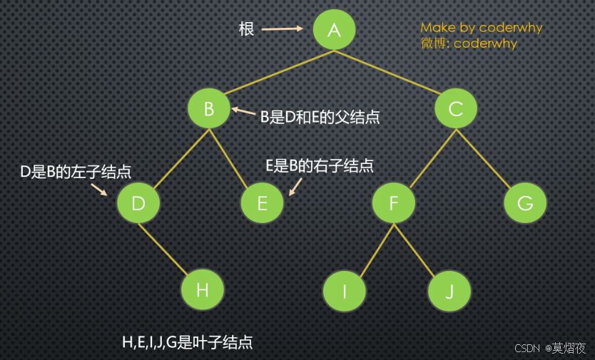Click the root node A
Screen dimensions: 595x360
tap(334, 29)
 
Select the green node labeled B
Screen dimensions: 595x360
tap(209, 109)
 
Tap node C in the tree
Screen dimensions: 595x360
tap(456, 109)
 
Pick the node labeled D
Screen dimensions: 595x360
tap(138, 203)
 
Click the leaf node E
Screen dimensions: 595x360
tap(262, 203)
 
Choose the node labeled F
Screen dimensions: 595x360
tap(393, 203)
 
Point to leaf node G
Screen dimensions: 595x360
tap(525, 203)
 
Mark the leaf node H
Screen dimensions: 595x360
tap(203, 290)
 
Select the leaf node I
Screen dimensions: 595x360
tap(344, 292)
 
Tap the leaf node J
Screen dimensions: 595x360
tap(449, 292)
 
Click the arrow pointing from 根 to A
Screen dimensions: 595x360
tap(282, 29)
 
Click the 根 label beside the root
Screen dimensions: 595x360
tap(246, 29)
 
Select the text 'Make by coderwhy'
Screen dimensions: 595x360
tap(481, 28)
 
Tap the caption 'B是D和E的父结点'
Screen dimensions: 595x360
tap(319, 118)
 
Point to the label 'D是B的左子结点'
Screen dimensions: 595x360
tap(76, 172)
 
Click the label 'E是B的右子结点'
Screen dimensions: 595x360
tap(320, 166)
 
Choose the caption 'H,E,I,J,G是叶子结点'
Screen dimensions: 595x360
tap(188, 343)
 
